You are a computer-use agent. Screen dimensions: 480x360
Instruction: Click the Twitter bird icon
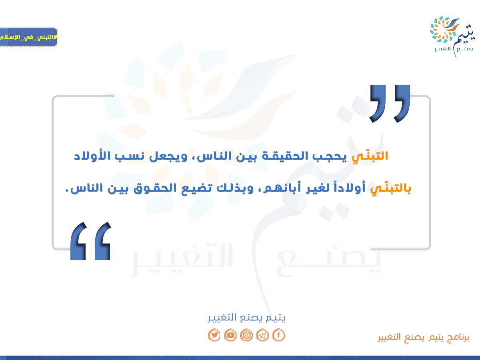(214, 335)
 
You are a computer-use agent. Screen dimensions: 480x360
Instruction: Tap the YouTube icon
(230, 335)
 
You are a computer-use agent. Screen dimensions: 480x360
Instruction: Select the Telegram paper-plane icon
(262, 335)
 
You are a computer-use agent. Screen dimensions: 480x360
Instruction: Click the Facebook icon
(278, 335)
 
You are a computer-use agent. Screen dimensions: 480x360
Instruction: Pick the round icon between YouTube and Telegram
(246, 335)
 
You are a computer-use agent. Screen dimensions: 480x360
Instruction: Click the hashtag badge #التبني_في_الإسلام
(29, 37)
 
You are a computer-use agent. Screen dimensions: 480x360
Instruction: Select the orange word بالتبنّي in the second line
(390, 188)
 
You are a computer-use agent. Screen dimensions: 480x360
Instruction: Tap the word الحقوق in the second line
(155, 188)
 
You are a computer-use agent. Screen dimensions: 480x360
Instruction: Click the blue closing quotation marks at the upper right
(390, 104)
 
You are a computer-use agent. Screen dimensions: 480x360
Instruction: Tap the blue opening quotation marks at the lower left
(90, 241)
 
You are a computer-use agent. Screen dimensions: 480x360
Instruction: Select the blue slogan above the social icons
(246, 318)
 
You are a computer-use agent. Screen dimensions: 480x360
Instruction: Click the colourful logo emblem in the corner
(444, 30)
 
